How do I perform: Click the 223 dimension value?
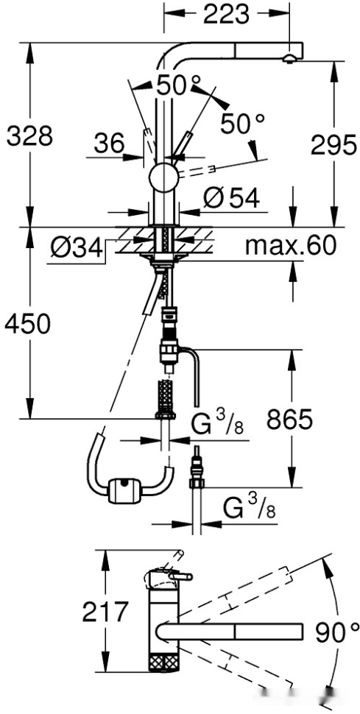pyautogui.click(x=226, y=15)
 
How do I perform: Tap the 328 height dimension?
pyautogui.click(x=30, y=135)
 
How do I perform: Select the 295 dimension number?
pyautogui.click(x=333, y=145)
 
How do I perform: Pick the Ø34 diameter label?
pyautogui.click(x=76, y=249)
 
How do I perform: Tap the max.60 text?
pyautogui.click(x=290, y=246)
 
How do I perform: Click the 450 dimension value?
pyautogui.click(x=27, y=325)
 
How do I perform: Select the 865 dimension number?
pyautogui.click(x=290, y=420)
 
